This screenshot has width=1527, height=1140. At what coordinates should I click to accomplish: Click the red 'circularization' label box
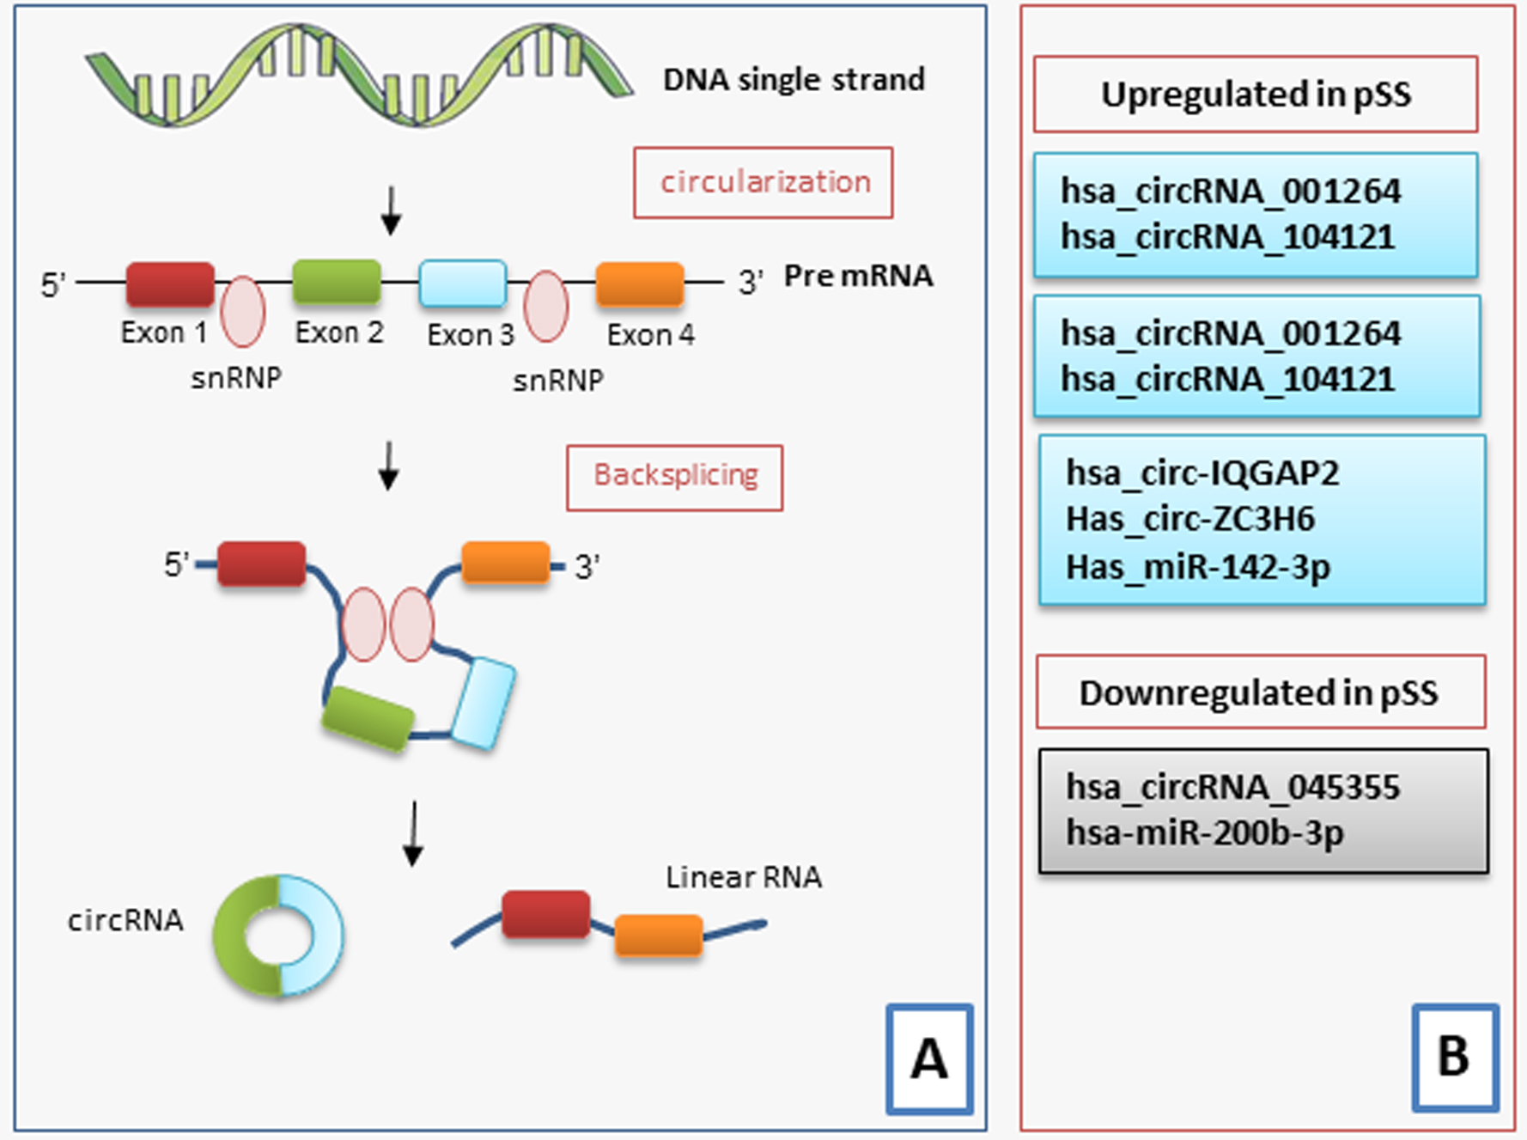tap(763, 182)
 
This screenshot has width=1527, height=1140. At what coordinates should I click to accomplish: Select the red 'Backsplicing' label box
tap(674, 477)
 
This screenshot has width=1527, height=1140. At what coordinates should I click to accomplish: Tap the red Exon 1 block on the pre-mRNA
tap(170, 283)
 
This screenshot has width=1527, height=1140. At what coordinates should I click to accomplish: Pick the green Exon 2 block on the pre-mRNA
tap(337, 282)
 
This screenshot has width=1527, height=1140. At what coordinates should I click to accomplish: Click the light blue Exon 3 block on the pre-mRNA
tap(463, 283)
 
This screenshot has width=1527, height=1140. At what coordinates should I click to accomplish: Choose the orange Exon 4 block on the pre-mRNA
tap(640, 284)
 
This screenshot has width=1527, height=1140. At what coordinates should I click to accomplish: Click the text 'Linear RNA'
tap(744, 877)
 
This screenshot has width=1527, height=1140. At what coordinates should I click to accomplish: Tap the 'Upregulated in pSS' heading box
tap(1256, 94)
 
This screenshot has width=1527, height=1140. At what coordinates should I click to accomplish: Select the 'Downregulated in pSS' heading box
tap(1260, 692)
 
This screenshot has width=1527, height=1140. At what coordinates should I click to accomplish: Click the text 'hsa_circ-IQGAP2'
tap(1202, 473)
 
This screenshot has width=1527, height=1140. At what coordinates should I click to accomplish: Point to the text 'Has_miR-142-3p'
tap(1198, 567)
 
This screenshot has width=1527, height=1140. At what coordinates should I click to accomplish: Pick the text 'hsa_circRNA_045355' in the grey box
tap(1233, 787)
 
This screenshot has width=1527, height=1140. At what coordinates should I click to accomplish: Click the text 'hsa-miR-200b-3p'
tap(1205, 832)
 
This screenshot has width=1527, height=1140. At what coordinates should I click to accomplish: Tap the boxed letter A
tap(930, 1058)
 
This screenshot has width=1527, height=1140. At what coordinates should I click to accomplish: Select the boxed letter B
tap(1455, 1057)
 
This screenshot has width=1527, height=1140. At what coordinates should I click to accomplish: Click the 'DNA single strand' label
tap(794, 80)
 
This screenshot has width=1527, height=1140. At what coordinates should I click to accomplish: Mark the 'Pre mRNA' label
tap(858, 276)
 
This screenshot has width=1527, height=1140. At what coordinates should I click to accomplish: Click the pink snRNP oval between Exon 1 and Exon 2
tap(242, 311)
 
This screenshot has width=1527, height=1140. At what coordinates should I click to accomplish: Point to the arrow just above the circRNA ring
tap(414, 833)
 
